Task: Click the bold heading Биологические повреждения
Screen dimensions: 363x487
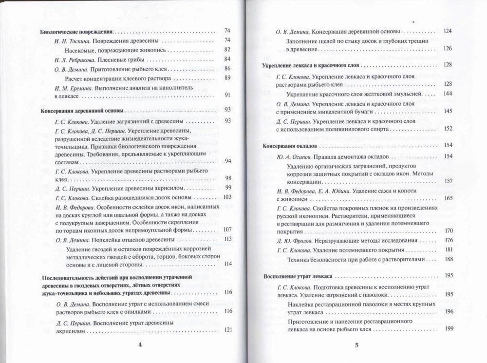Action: [x=76, y=32]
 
